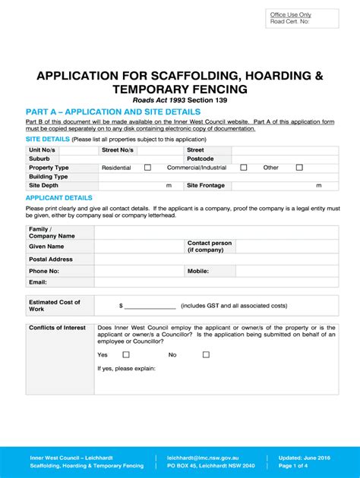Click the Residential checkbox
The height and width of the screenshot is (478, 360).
coord(147,168)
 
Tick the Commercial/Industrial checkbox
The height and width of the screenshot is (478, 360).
coord(242,168)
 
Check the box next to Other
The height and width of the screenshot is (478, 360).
coord(299,168)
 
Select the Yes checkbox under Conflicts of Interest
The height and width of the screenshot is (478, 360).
coord(126,354)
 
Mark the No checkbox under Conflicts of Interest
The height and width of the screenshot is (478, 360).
coord(194,354)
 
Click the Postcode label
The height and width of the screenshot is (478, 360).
coord(201,159)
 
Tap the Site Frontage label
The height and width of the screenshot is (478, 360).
coord(206,185)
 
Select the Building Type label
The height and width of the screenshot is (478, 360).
coord(49,176)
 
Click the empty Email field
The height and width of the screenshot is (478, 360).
coord(216,281)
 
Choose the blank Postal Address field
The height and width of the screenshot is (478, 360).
coord(216,259)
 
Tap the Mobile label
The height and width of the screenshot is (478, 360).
coord(198,270)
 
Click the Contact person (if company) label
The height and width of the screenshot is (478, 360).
coord(210,246)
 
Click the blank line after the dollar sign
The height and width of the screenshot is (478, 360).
coord(150,306)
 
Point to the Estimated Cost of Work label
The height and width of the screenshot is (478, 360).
coord(54,306)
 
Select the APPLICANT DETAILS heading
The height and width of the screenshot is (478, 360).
coord(59,197)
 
